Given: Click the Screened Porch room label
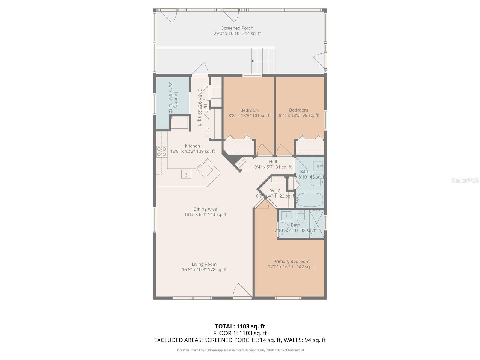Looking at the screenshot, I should [237, 28].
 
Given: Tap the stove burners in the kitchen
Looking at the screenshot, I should [162, 151].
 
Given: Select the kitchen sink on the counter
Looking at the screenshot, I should [186, 174].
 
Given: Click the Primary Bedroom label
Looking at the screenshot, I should [291, 262].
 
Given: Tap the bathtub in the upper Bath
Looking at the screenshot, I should [310, 200].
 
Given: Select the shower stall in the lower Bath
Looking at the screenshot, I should [317, 224].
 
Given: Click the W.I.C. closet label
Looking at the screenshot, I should [275, 191].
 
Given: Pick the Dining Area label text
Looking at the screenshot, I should [205, 209].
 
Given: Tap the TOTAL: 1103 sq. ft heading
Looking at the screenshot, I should [240, 326].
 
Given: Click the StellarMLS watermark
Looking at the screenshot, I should [465, 180].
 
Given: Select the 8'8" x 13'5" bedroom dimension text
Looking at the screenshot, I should [250, 115].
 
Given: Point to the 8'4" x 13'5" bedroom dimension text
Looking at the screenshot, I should [298, 115].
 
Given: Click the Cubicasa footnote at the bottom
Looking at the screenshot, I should [240, 350].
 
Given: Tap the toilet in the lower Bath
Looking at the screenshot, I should [301, 216].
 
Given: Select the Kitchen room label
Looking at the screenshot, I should [192, 146].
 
